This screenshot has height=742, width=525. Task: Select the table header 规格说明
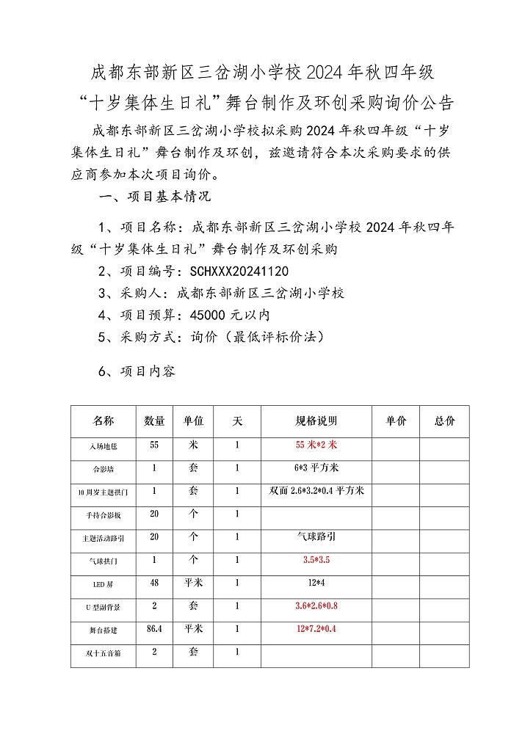coord(316,421)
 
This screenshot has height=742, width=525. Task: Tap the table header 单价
coord(395,421)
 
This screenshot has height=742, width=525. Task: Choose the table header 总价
coord(444,421)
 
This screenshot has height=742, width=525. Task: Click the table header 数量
coord(154,421)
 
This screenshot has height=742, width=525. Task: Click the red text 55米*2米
coord(316,445)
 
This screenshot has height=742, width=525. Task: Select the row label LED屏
coord(104,583)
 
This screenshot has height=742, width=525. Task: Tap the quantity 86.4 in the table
coord(154,629)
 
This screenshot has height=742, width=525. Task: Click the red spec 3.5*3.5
coord(316,560)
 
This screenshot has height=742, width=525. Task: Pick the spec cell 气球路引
coord(316,537)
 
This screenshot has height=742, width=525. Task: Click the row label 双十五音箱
coord(104,652)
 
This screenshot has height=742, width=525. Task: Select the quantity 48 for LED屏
coord(154,583)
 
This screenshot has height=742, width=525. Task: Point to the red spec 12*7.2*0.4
coord(316,629)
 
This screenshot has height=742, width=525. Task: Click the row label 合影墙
coord(104,468)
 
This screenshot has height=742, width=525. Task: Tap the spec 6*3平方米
coord(316,468)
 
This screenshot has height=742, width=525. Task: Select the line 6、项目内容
coord(137,371)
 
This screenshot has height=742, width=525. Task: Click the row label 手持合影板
coord(104,515)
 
